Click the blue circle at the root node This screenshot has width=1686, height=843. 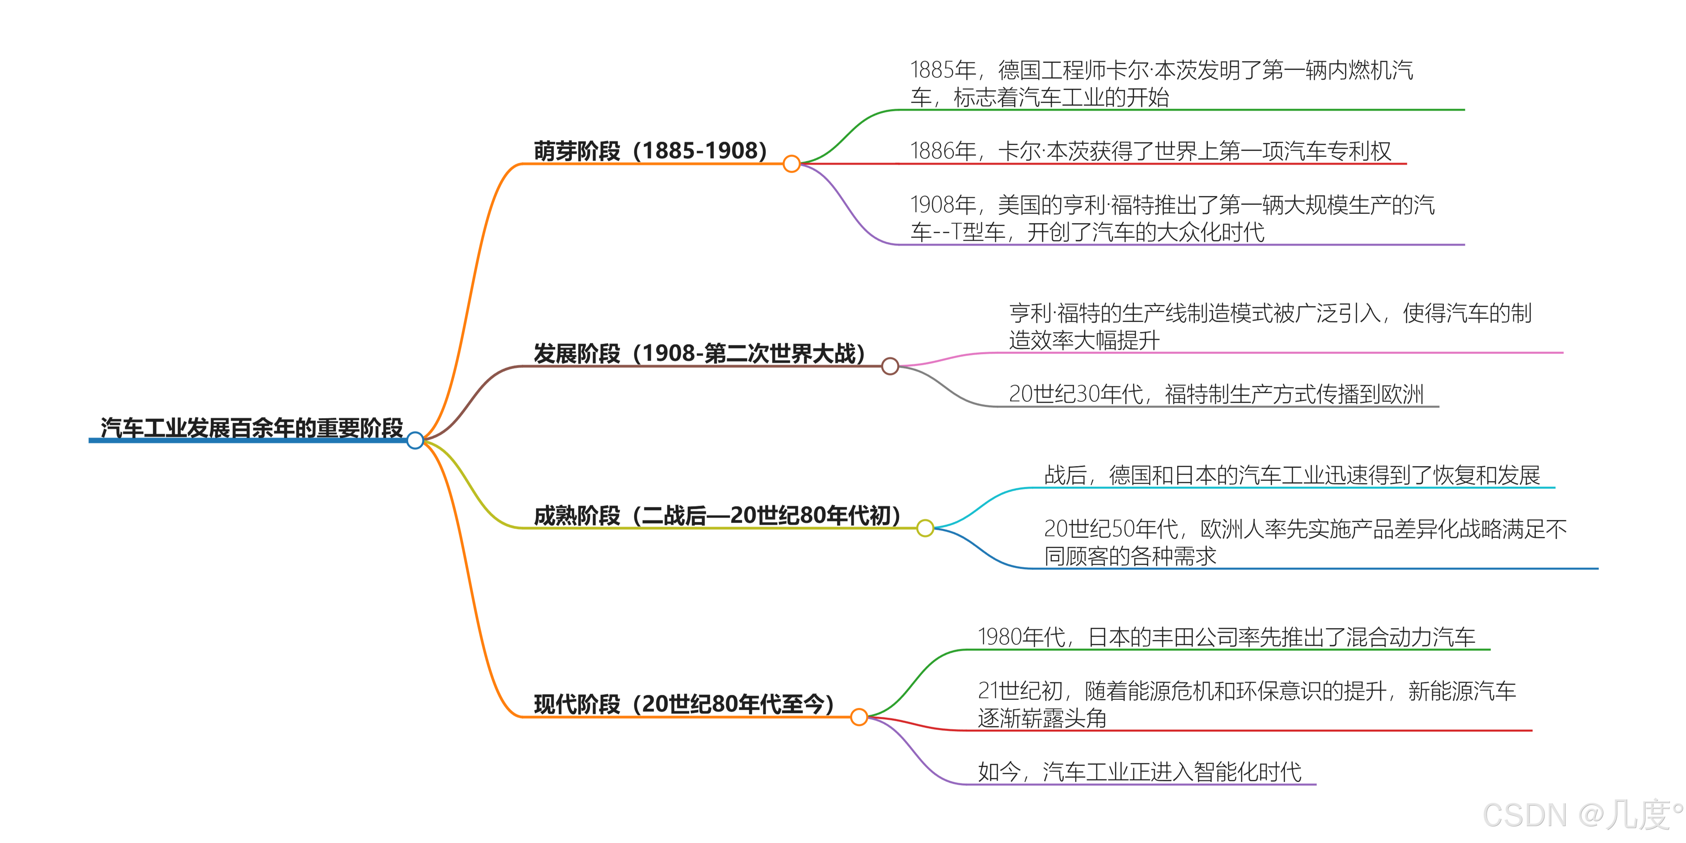(415, 440)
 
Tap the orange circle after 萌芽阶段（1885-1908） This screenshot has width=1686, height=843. (791, 164)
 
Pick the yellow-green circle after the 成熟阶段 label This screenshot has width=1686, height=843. (925, 528)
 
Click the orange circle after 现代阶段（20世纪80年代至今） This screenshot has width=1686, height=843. (860, 717)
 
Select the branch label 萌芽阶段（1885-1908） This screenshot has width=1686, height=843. (650, 151)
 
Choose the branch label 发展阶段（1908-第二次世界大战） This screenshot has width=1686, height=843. (699, 353)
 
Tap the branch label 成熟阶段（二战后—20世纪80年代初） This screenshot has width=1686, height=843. (717, 515)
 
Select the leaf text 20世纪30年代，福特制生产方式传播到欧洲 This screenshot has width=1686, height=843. (1216, 394)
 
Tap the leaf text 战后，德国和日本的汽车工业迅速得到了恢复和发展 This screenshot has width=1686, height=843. (1292, 475)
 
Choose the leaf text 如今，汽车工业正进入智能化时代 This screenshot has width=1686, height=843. (1139, 772)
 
